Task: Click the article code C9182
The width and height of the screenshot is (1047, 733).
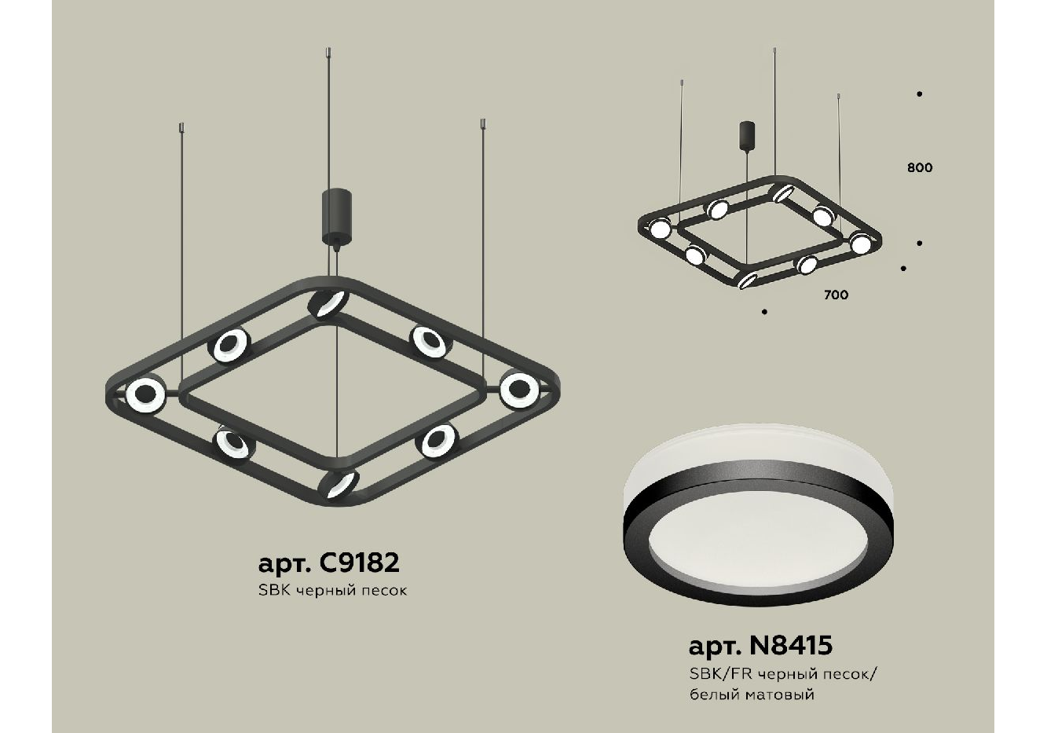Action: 360,563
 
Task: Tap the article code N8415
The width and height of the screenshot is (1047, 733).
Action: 790,645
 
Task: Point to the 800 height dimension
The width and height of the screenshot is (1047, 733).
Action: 920,167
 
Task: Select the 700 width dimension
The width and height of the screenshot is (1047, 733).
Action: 837,295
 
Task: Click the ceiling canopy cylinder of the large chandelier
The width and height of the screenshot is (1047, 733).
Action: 336,215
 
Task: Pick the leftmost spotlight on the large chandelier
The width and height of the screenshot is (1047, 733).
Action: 146,395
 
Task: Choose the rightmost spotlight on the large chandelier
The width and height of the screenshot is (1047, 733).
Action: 519,389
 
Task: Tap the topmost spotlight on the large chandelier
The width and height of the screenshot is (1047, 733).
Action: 328,303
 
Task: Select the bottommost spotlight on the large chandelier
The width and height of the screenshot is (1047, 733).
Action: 339,484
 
